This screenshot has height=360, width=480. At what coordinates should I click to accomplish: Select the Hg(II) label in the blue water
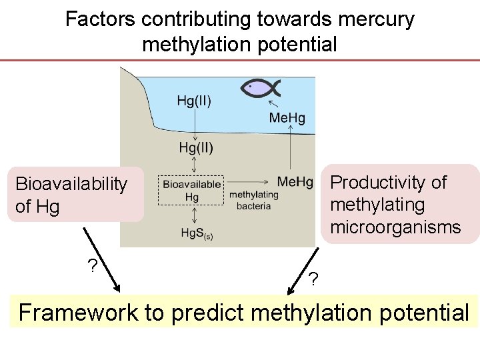(x=194, y=102)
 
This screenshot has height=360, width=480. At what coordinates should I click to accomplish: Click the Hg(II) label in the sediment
(x=196, y=147)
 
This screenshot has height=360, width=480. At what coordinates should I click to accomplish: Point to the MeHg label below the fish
(x=287, y=118)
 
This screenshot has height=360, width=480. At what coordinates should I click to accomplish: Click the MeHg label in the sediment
(x=295, y=181)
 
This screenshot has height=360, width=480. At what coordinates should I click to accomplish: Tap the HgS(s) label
(x=197, y=233)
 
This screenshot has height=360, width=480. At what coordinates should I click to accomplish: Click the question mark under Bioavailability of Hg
(x=93, y=265)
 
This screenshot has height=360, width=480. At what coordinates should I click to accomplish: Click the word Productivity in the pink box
(x=388, y=183)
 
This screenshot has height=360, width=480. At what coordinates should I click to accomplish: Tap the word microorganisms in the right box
(x=395, y=227)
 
